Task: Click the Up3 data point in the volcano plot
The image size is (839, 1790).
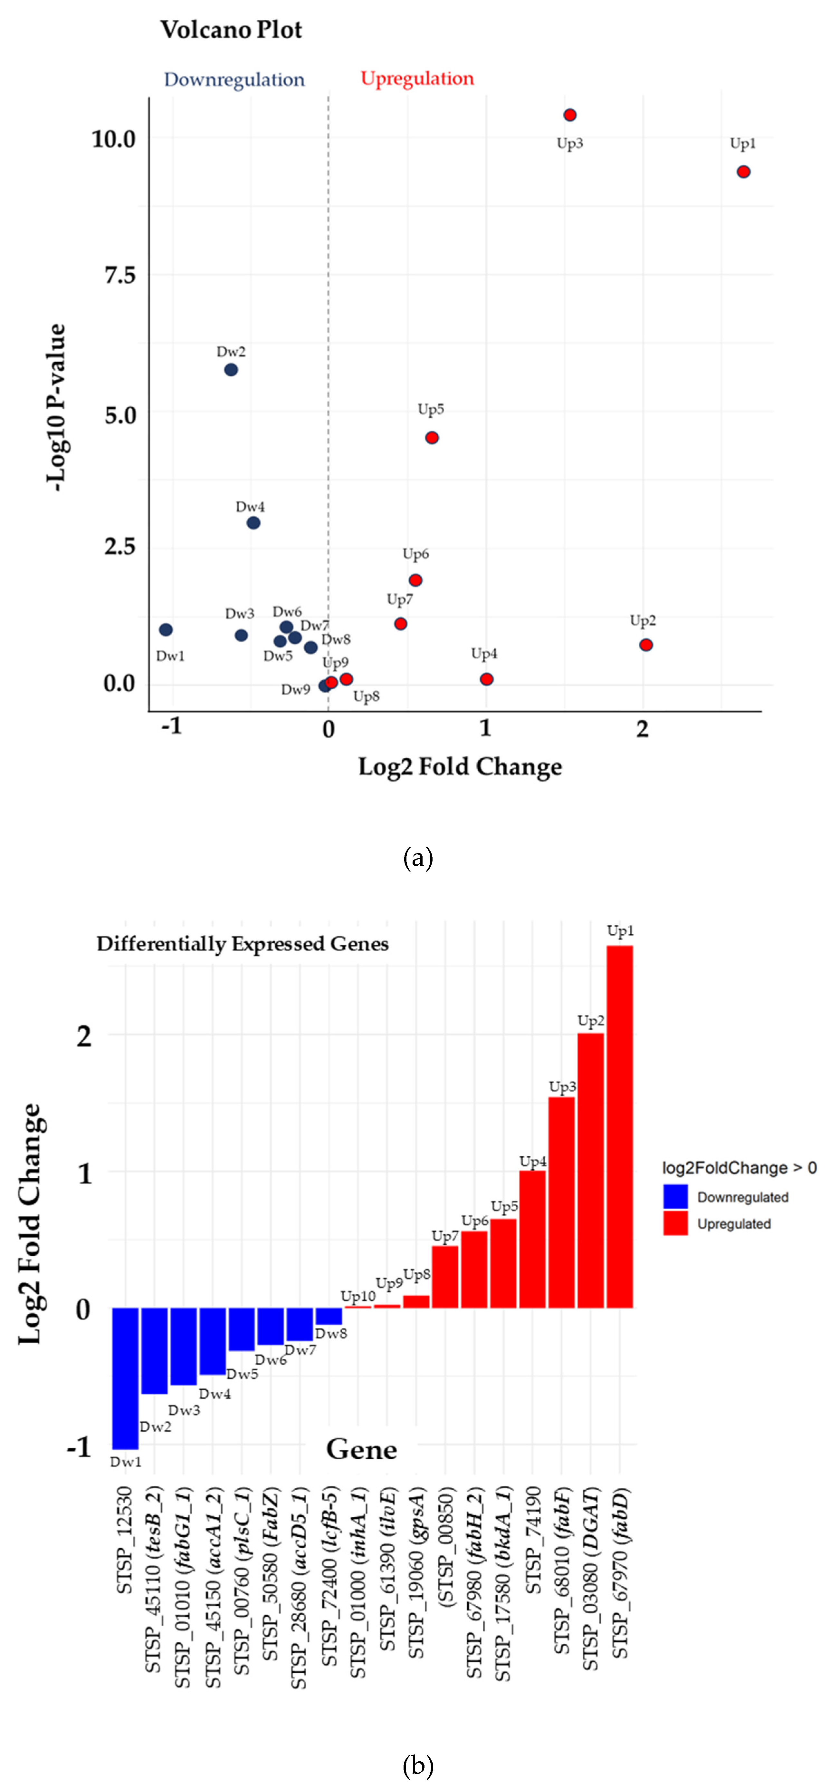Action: [569, 115]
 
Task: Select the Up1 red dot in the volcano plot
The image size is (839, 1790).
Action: [743, 172]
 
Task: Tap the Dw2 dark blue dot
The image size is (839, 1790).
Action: [231, 370]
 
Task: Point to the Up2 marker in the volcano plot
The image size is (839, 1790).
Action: [646, 645]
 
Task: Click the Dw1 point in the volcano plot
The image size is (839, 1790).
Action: [165, 629]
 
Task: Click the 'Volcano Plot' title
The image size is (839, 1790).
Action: [231, 30]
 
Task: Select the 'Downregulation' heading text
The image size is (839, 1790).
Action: [234, 80]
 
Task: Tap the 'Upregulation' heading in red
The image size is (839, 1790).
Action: [417, 79]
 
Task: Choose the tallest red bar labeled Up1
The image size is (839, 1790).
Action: [620, 1126]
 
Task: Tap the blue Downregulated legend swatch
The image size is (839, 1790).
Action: [675, 1197]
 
